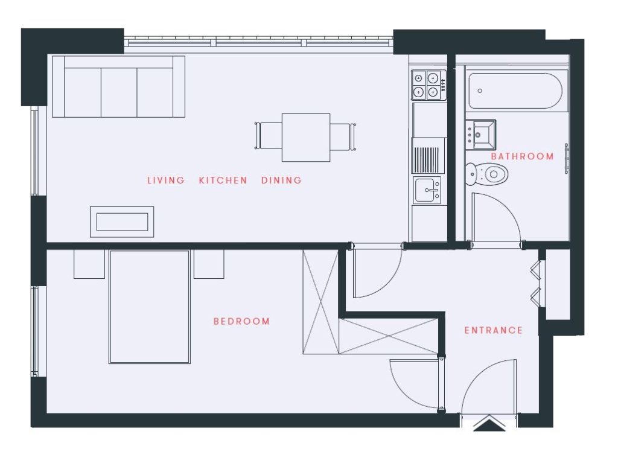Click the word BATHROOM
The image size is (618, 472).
tap(522, 156)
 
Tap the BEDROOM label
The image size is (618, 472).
tap(241, 321)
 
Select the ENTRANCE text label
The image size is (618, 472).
tap(494, 330)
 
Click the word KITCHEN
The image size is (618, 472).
tap(223, 180)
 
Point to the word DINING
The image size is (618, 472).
tap(281, 180)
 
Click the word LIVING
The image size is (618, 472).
tap(166, 180)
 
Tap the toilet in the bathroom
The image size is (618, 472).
tap(487, 173)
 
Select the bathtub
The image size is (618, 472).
tap(515, 91)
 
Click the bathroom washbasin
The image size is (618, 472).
tap(481, 135)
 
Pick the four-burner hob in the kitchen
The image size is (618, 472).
tap(429, 85)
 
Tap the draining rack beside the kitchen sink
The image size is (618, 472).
tap(425, 159)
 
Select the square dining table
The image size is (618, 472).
tap(306, 138)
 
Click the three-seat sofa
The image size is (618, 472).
tap(119, 87)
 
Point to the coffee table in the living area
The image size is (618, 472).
tap(122, 222)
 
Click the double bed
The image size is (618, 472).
tap(150, 307)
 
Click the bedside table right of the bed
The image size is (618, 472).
tap(209, 264)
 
